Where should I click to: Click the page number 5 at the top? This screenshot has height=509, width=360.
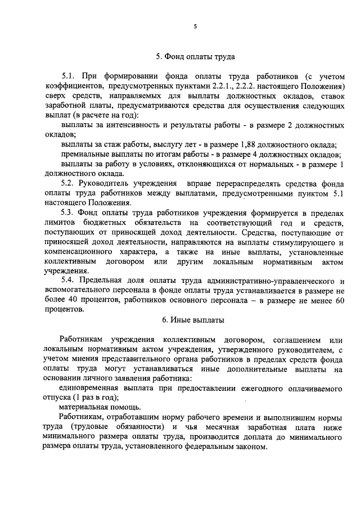click(x=195, y=26)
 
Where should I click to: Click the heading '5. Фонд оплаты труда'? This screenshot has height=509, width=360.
click(x=195, y=56)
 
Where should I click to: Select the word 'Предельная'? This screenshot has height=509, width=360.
click(x=102, y=280)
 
